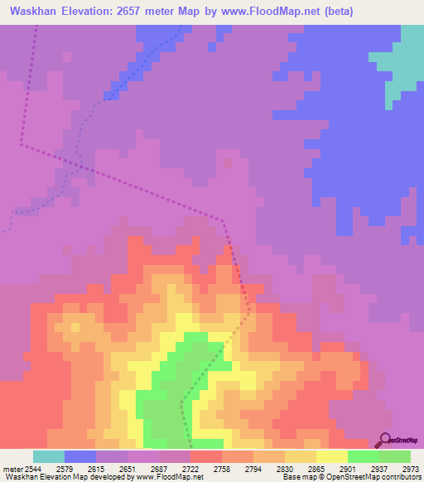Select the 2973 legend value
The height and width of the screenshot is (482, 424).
point(409,468)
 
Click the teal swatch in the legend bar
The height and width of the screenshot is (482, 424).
point(49,456)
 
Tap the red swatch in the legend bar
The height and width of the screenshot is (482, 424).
point(206,456)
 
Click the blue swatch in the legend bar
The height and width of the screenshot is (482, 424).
point(80,456)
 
